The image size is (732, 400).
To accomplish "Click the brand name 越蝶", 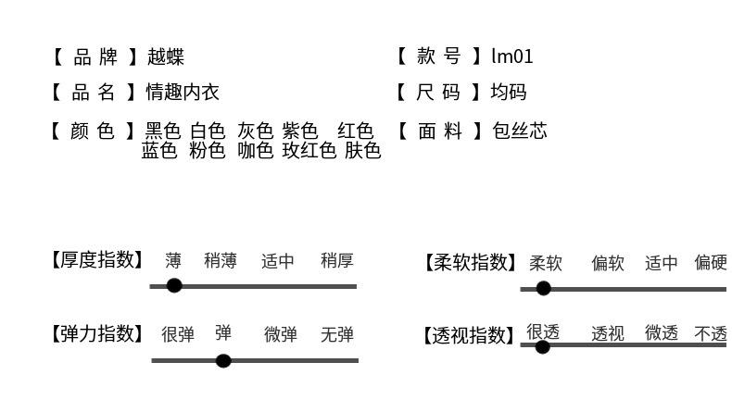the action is click(166, 57).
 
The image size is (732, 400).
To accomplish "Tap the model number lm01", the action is click(512, 57).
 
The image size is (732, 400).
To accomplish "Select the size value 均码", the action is click(509, 93).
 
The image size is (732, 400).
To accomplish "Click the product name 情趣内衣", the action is click(183, 93).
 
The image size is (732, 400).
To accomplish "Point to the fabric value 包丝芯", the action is click(520, 131).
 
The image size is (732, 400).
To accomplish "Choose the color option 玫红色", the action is click(309, 151).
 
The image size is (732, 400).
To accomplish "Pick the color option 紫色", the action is click(300, 131).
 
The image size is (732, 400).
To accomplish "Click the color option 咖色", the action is click(256, 151).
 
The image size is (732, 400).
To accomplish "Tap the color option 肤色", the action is click(363, 151).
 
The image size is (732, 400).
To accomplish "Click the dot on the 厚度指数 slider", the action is click(174, 285).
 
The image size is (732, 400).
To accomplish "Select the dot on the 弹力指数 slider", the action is click(223, 360).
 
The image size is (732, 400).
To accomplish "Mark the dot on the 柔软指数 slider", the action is click(544, 289).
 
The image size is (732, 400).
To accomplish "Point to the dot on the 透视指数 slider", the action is click(543, 347).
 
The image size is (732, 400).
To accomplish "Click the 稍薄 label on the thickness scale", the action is click(221, 261).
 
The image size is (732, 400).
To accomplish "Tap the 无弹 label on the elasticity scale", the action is click(337, 335).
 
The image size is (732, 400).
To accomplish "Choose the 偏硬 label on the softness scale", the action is click(711, 263).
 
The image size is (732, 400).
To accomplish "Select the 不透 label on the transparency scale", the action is click(711, 333).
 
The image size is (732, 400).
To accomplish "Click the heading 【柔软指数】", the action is click(471, 263).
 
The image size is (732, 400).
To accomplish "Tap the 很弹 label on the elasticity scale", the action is click(178, 335).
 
